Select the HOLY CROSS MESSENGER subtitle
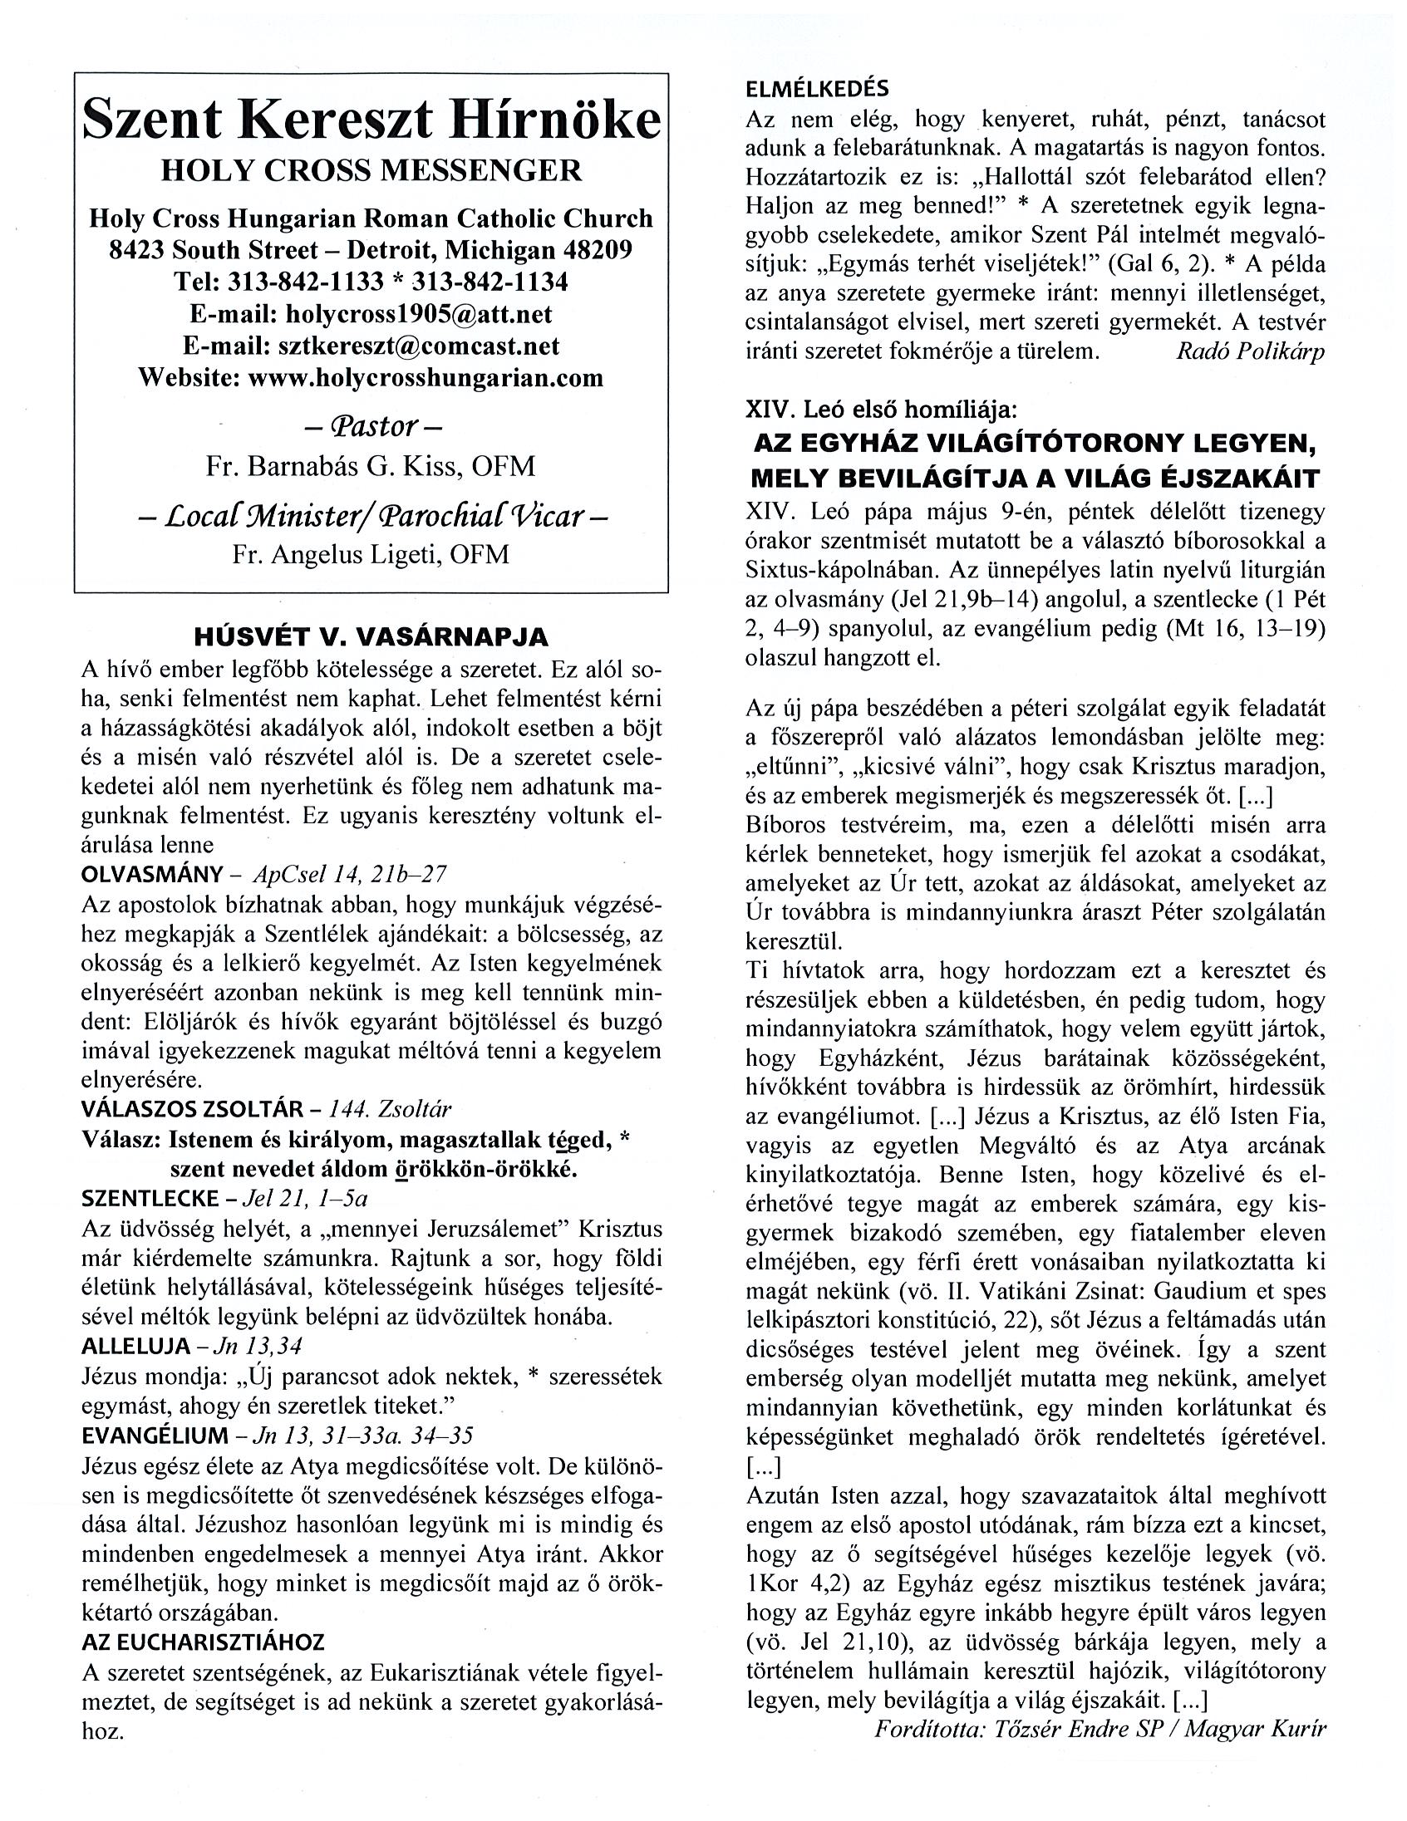point(371,170)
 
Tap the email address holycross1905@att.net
point(418,313)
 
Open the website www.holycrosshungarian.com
point(426,377)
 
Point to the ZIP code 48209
point(596,250)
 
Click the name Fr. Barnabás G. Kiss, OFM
point(371,466)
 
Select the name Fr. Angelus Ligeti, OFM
point(371,554)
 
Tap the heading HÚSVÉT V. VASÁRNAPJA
point(371,637)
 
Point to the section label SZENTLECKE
point(150,1198)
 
